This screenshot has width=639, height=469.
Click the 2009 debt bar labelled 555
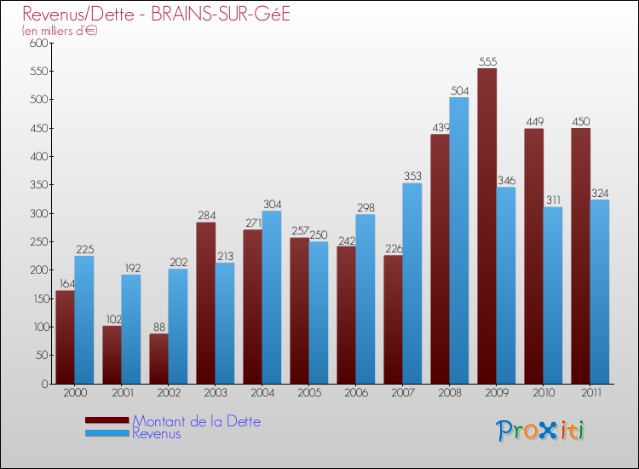486,226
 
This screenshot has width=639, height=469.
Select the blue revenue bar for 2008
459,240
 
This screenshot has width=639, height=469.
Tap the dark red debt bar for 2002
158,358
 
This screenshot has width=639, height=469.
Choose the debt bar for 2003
205,303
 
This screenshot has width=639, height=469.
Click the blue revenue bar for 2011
600,292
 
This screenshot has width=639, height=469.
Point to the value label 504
459,90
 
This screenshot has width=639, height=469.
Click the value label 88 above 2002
158,327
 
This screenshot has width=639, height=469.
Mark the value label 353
412,177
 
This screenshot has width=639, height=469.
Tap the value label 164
65,284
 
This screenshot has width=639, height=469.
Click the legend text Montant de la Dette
197,421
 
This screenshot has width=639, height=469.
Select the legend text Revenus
157,434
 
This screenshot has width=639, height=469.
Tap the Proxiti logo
540,431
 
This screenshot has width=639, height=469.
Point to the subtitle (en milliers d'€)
60,31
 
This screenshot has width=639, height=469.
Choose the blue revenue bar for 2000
84,320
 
